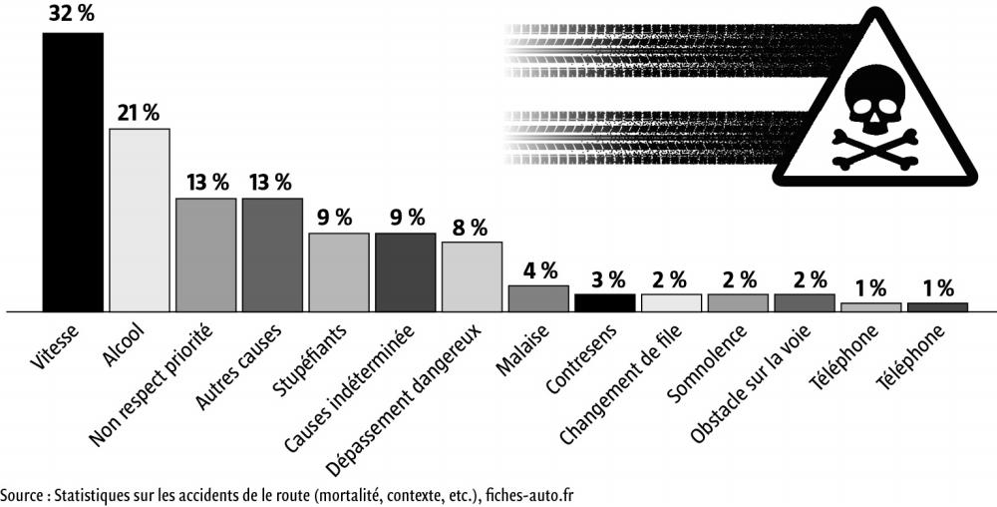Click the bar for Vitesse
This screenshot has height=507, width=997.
click(x=73, y=172)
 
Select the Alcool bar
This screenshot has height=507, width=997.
click(x=140, y=220)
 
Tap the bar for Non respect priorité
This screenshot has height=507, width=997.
click(x=206, y=254)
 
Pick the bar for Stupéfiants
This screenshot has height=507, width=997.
click(x=339, y=271)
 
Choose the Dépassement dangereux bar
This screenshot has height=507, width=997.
click(x=472, y=276)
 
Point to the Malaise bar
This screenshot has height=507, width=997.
click(x=538, y=298)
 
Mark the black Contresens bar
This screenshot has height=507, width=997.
click(x=605, y=302)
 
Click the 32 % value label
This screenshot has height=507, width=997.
click(x=72, y=15)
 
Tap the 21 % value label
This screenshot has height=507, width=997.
click(x=139, y=112)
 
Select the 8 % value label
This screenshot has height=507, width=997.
click(x=471, y=227)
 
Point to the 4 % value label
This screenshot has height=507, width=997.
click(x=538, y=269)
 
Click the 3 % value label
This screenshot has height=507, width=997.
click(x=605, y=278)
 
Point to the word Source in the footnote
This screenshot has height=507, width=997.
click(x=23, y=495)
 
